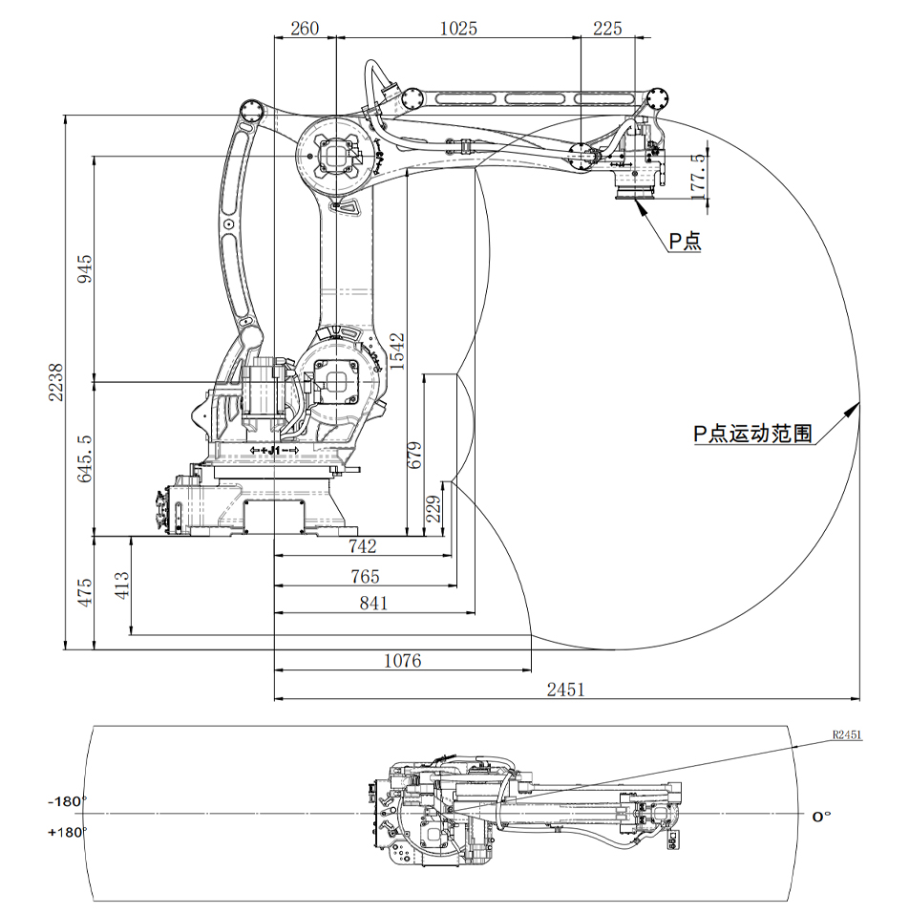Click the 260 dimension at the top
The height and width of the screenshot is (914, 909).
coord(305,29)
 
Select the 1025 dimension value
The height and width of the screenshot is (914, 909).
coord(457,29)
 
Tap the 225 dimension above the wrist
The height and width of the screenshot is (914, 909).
coord(607,29)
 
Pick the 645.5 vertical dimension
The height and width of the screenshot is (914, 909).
coord(85,458)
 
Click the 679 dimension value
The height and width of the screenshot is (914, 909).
coord(414,456)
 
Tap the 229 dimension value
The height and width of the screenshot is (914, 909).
coord(432,508)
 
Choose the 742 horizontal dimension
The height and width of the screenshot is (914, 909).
coord(363,546)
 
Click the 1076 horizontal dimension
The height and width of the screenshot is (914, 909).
coord(402,661)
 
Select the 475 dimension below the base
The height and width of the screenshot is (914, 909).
coord(85,592)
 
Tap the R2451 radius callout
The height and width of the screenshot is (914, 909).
coord(847,735)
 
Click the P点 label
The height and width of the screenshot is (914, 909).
coord(685,242)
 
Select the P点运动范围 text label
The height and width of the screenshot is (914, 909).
coord(753,435)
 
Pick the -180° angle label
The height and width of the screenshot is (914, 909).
coord(67,801)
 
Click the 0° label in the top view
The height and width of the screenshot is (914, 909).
coord(821,817)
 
